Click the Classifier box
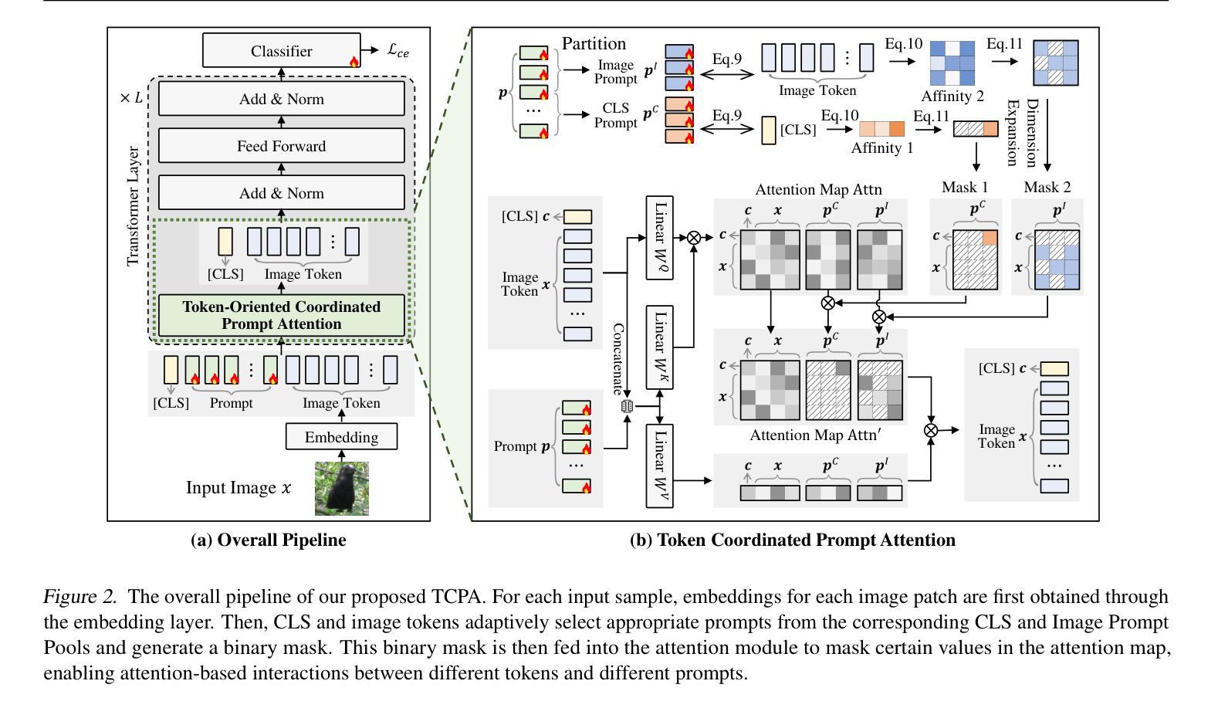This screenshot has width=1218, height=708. click(x=281, y=51)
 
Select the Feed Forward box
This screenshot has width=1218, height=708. click(x=281, y=146)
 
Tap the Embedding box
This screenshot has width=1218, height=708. click(x=341, y=437)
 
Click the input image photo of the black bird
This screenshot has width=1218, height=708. click(x=341, y=488)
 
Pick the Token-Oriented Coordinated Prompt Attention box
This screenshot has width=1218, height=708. click(x=281, y=315)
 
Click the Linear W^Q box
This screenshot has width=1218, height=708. click(x=660, y=238)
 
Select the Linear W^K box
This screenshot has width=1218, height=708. click(x=660, y=347)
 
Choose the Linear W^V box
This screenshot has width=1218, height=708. click(x=660, y=466)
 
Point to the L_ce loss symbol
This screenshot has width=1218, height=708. click(x=398, y=51)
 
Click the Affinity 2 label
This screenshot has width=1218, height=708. click(x=952, y=97)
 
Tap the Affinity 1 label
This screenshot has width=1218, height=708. click(x=882, y=148)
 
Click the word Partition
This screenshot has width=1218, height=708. click(x=594, y=43)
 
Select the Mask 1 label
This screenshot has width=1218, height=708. click(x=965, y=187)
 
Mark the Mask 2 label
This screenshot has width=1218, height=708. click(x=1047, y=187)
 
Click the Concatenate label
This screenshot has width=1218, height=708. click(x=618, y=359)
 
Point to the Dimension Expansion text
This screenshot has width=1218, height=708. click(x=1022, y=133)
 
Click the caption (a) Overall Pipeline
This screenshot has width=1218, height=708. click(x=268, y=540)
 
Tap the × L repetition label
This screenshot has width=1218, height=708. click(x=131, y=98)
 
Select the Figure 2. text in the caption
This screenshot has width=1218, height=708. click(x=80, y=597)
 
